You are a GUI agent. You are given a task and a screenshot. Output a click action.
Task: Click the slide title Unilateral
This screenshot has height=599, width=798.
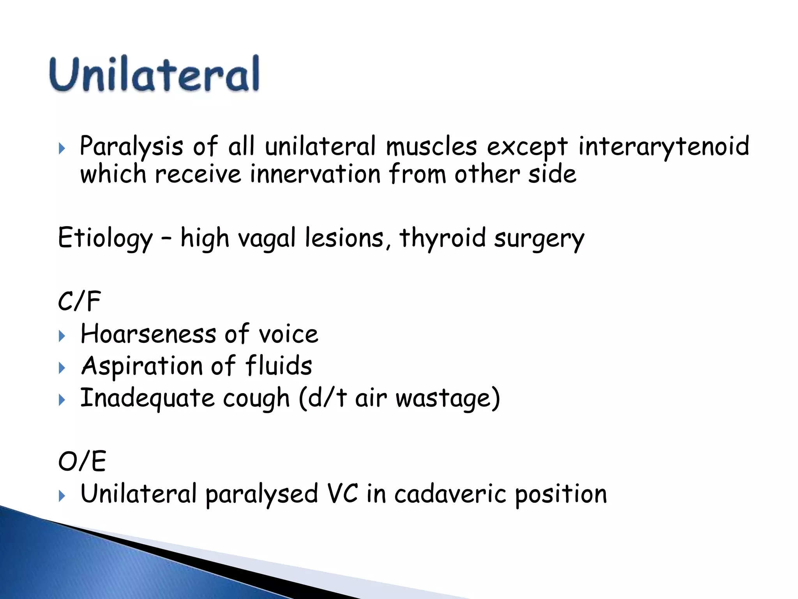[154, 74]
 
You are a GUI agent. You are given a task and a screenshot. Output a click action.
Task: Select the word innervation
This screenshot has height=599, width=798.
[315, 174]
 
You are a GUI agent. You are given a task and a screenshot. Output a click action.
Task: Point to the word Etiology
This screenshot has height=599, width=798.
[105, 238]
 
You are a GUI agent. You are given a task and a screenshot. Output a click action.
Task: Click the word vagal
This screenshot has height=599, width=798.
[267, 238]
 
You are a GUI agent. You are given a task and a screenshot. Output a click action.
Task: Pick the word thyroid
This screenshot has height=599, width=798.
[443, 238]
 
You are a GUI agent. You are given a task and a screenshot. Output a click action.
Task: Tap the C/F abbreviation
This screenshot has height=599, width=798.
[79, 301]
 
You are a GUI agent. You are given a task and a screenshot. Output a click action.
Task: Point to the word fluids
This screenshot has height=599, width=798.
[278, 366]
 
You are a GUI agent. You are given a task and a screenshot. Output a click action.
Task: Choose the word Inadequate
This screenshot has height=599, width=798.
[147, 398]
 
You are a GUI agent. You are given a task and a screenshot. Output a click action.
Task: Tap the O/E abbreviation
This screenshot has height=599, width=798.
[82, 461]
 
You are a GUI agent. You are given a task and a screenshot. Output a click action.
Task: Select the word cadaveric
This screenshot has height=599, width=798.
[450, 494]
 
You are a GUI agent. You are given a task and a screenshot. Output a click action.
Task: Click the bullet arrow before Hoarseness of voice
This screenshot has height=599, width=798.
[62, 336]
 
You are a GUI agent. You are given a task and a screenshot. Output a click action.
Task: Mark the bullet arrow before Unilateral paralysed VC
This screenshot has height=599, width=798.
[62, 496]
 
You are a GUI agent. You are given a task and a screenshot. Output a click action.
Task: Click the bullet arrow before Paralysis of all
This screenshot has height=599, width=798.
[62, 149]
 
